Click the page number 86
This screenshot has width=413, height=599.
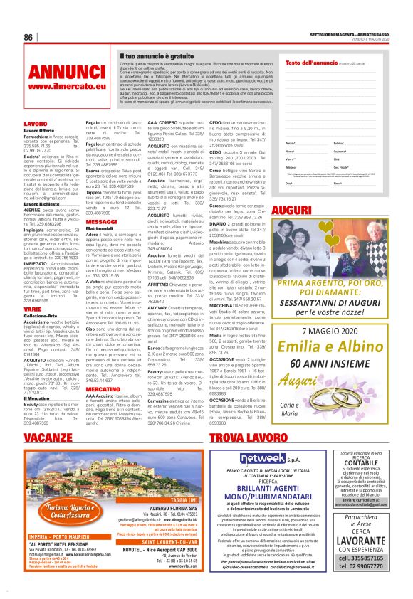(29, 38)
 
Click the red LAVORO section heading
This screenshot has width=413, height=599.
(36, 124)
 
